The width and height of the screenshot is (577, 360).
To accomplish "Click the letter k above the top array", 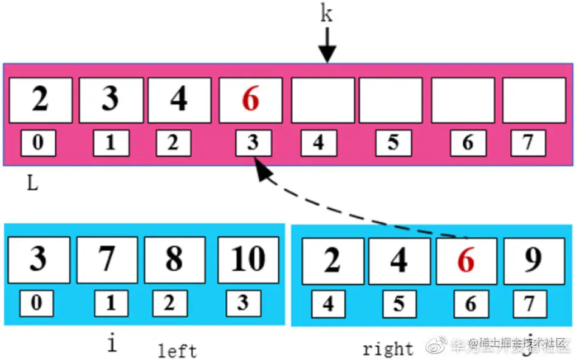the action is pyautogui.click(x=327, y=13).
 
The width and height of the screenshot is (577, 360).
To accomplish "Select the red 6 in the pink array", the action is pyautogui.click(x=250, y=100).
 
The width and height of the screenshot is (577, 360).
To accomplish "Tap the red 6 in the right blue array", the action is pyautogui.click(x=466, y=260).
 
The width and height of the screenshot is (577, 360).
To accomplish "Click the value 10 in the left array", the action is pyautogui.click(x=248, y=259).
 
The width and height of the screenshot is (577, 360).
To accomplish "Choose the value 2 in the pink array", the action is pyautogui.click(x=40, y=99).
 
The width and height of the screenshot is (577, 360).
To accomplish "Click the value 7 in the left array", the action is pyautogui.click(x=106, y=259).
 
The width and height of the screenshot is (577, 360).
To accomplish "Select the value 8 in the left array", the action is pyautogui.click(x=174, y=259).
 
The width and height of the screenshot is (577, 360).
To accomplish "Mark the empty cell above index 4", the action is pyautogui.click(x=323, y=100).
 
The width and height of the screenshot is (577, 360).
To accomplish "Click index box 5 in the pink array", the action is pyautogui.click(x=393, y=143).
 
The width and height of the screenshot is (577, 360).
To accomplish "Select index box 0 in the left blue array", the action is pyautogui.click(x=36, y=303).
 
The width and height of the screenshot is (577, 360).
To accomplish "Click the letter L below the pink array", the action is pyautogui.click(x=32, y=183).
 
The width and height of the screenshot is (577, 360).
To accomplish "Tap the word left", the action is pyautogui.click(x=177, y=350).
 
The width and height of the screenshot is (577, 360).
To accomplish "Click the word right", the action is pyautogui.click(x=388, y=349).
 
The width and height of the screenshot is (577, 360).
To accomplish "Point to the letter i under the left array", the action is pyautogui.click(x=112, y=344).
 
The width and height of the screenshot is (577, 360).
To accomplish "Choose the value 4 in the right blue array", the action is pyautogui.click(x=398, y=260).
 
